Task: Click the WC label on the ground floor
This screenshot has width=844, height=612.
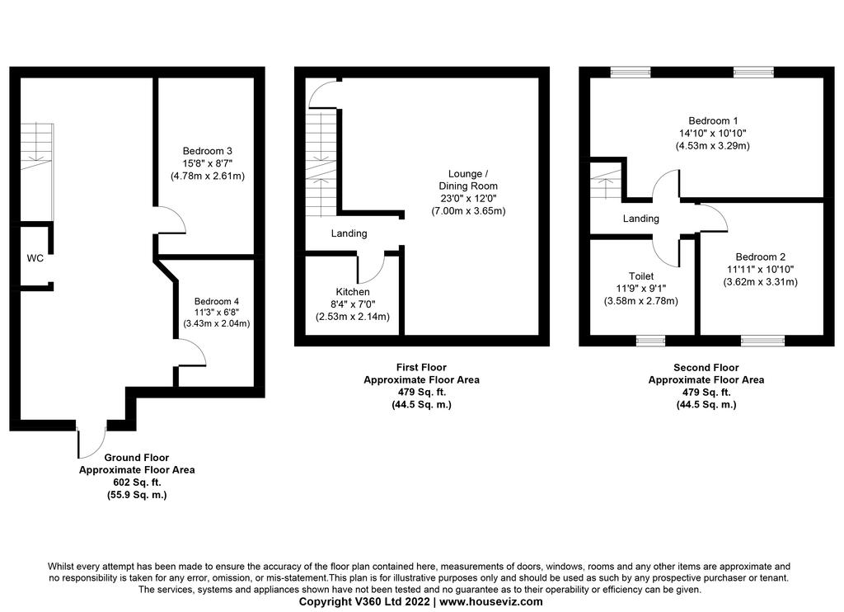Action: point(35,258)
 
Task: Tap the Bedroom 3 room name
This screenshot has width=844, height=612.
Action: point(207,151)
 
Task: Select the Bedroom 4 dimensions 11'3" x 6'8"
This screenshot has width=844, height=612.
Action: point(217,312)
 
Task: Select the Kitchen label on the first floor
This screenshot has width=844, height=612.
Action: point(353,291)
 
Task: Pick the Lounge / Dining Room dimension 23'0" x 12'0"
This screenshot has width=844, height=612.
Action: point(468,198)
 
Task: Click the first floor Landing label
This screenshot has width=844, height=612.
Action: point(349,233)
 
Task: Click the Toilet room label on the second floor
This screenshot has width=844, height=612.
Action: point(641,276)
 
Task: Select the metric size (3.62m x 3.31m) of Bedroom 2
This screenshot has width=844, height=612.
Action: point(760,282)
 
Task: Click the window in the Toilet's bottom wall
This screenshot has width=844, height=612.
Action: point(650,341)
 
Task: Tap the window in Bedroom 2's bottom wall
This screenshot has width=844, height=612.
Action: point(762,341)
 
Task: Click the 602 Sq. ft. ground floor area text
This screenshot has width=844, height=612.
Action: point(137,483)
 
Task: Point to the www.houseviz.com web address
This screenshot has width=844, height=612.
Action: point(491,602)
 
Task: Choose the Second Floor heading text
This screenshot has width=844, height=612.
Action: point(706,367)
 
